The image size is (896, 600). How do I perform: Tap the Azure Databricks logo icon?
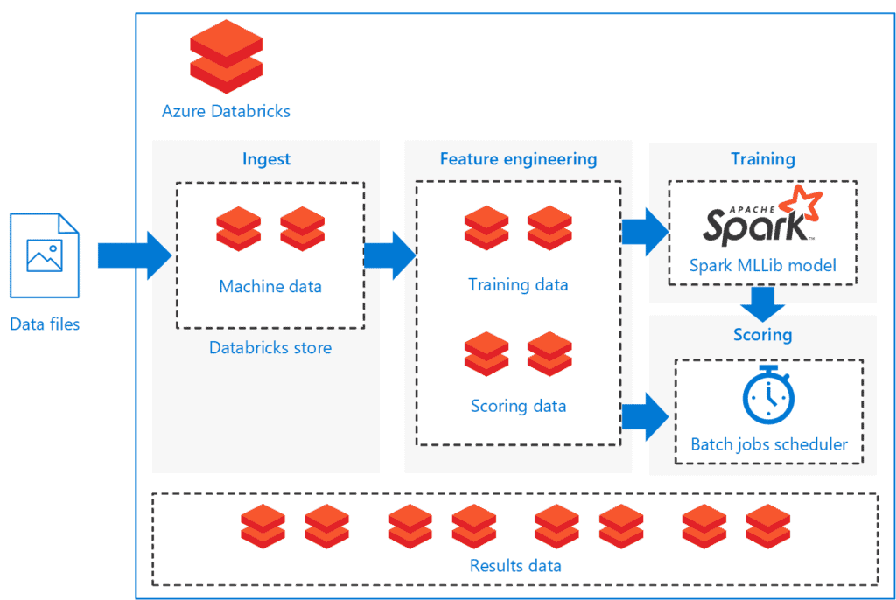[x=226, y=59]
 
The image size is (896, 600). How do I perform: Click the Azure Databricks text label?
[x=226, y=111]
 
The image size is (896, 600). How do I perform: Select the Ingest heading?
[x=266, y=159]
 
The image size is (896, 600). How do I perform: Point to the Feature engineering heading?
[x=518, y=159]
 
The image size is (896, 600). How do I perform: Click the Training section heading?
[x=762, y=159]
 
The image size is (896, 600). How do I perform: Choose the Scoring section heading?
[x=762, y=334]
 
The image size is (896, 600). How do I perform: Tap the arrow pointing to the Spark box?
[x=644, y=232]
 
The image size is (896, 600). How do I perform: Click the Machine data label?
[x=270, y=286]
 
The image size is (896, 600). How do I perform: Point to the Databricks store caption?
[x=270, y=347]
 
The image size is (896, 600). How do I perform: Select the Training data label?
[x=518, y=284]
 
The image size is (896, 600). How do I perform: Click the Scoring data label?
[x=518, y=406]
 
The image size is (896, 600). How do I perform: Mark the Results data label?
[x=515, y=565]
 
